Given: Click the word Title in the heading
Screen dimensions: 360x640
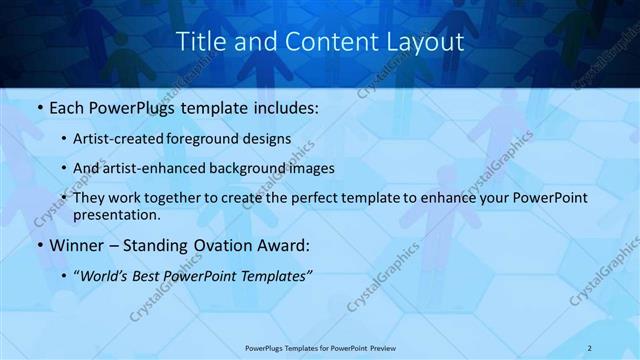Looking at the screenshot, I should point(199,42).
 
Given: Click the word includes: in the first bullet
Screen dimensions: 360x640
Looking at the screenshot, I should point(282,107).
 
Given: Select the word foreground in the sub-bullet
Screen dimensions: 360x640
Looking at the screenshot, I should point(216,138).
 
